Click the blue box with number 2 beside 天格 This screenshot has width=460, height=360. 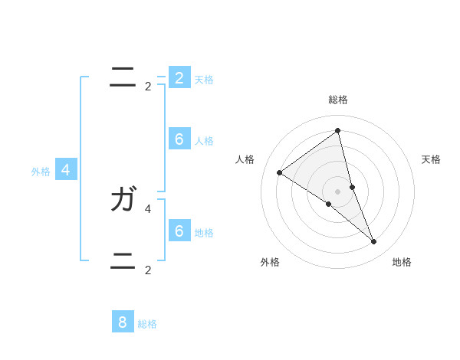pos(179,77)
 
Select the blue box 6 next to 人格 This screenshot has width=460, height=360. pos(179,139)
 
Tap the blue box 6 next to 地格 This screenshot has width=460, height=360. pos(179,231)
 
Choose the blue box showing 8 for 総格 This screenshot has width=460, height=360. pos(123,322)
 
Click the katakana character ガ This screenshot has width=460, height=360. pos(123,201)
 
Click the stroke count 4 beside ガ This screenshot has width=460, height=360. pos(148,208)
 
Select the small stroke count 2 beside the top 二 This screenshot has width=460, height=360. pos(148,86)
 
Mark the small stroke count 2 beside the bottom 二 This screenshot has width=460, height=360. pos(148,270)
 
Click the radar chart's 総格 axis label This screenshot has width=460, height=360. pos(337,100)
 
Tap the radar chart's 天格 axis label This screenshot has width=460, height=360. pos(431,159)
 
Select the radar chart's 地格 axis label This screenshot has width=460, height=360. pos(402,262)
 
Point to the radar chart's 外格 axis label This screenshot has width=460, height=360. pos(270,262)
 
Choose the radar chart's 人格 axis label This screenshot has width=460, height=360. pos(245,159)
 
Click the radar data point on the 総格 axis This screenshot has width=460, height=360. pos(337,130)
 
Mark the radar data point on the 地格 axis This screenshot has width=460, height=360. pos(374,242)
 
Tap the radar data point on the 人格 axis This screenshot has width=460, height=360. pos(279,172)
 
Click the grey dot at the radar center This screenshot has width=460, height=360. pos(337,191)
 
